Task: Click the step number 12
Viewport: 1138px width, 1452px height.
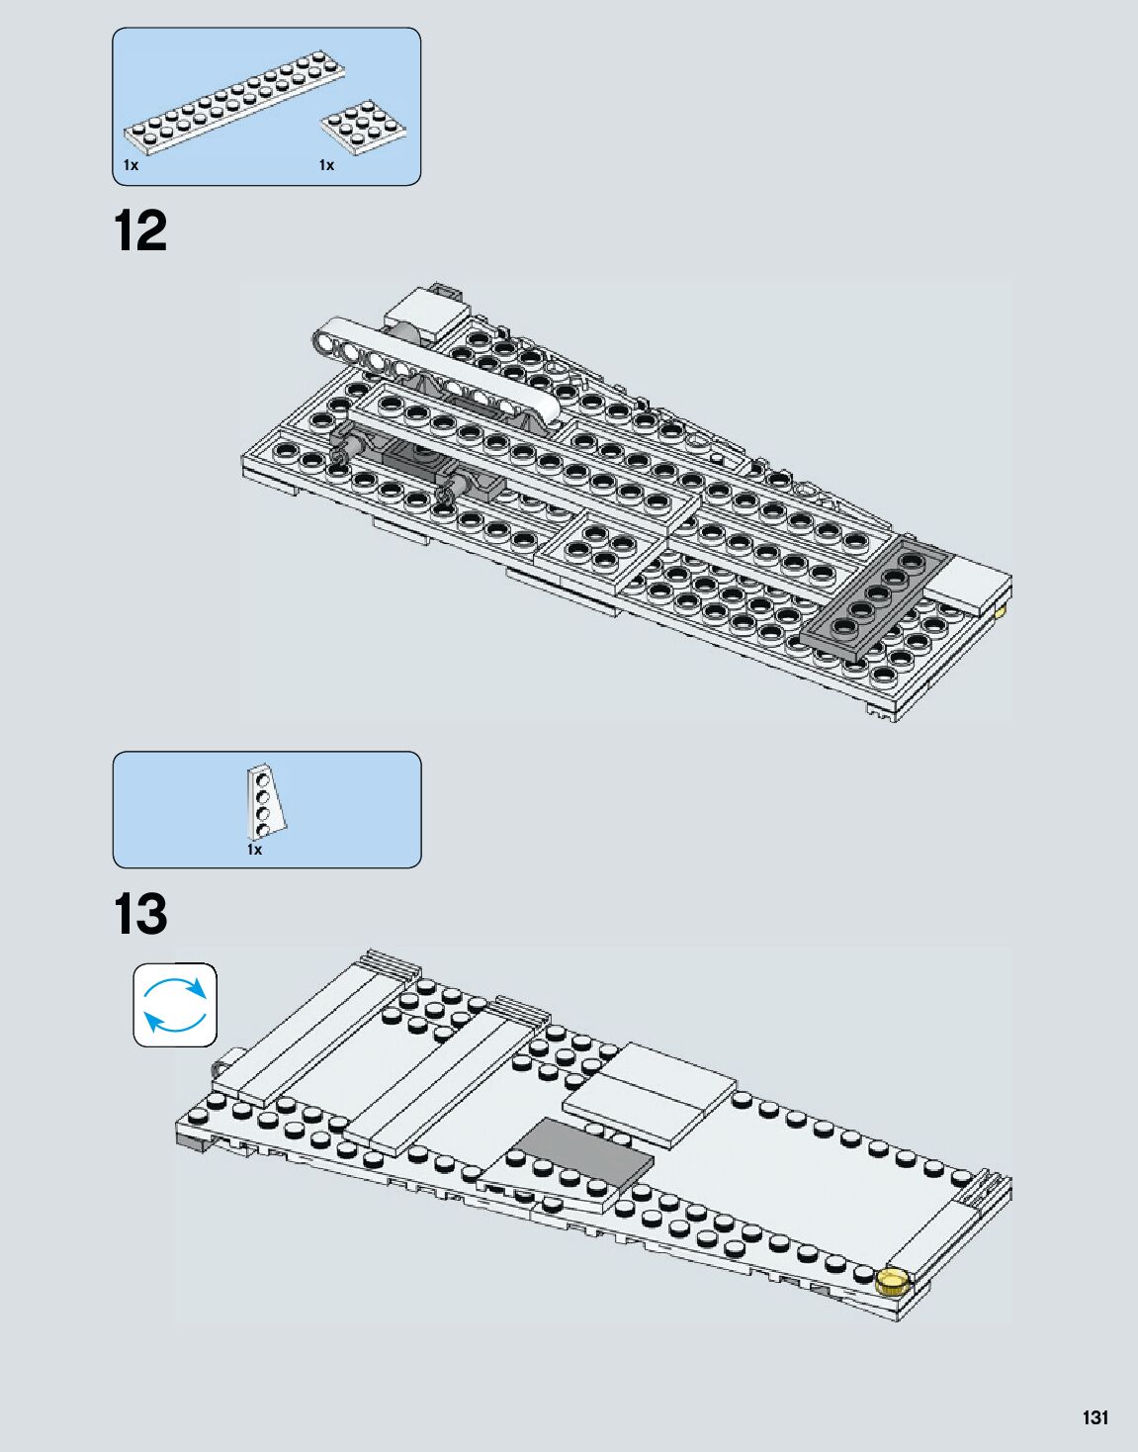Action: [140, 231]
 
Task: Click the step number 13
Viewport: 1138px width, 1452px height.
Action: [140, 915]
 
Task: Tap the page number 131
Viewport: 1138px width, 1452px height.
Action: [1094, 1417]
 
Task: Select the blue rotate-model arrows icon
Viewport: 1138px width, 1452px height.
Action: [175, 1005]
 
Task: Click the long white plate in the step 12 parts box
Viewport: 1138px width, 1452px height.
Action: [233, 104]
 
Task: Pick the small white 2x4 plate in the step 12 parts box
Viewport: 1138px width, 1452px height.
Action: [364, 127]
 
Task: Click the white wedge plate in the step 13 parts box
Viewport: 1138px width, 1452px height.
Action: [265, 801]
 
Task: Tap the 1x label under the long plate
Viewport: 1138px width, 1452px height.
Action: [131, 165]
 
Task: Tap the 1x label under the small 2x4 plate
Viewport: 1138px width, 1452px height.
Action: [326, 165]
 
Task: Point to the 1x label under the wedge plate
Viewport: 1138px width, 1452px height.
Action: [254, 850]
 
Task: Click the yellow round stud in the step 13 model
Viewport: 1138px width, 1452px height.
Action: [892, 1281]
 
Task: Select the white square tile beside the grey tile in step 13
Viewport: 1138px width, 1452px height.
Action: [651, 1093]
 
